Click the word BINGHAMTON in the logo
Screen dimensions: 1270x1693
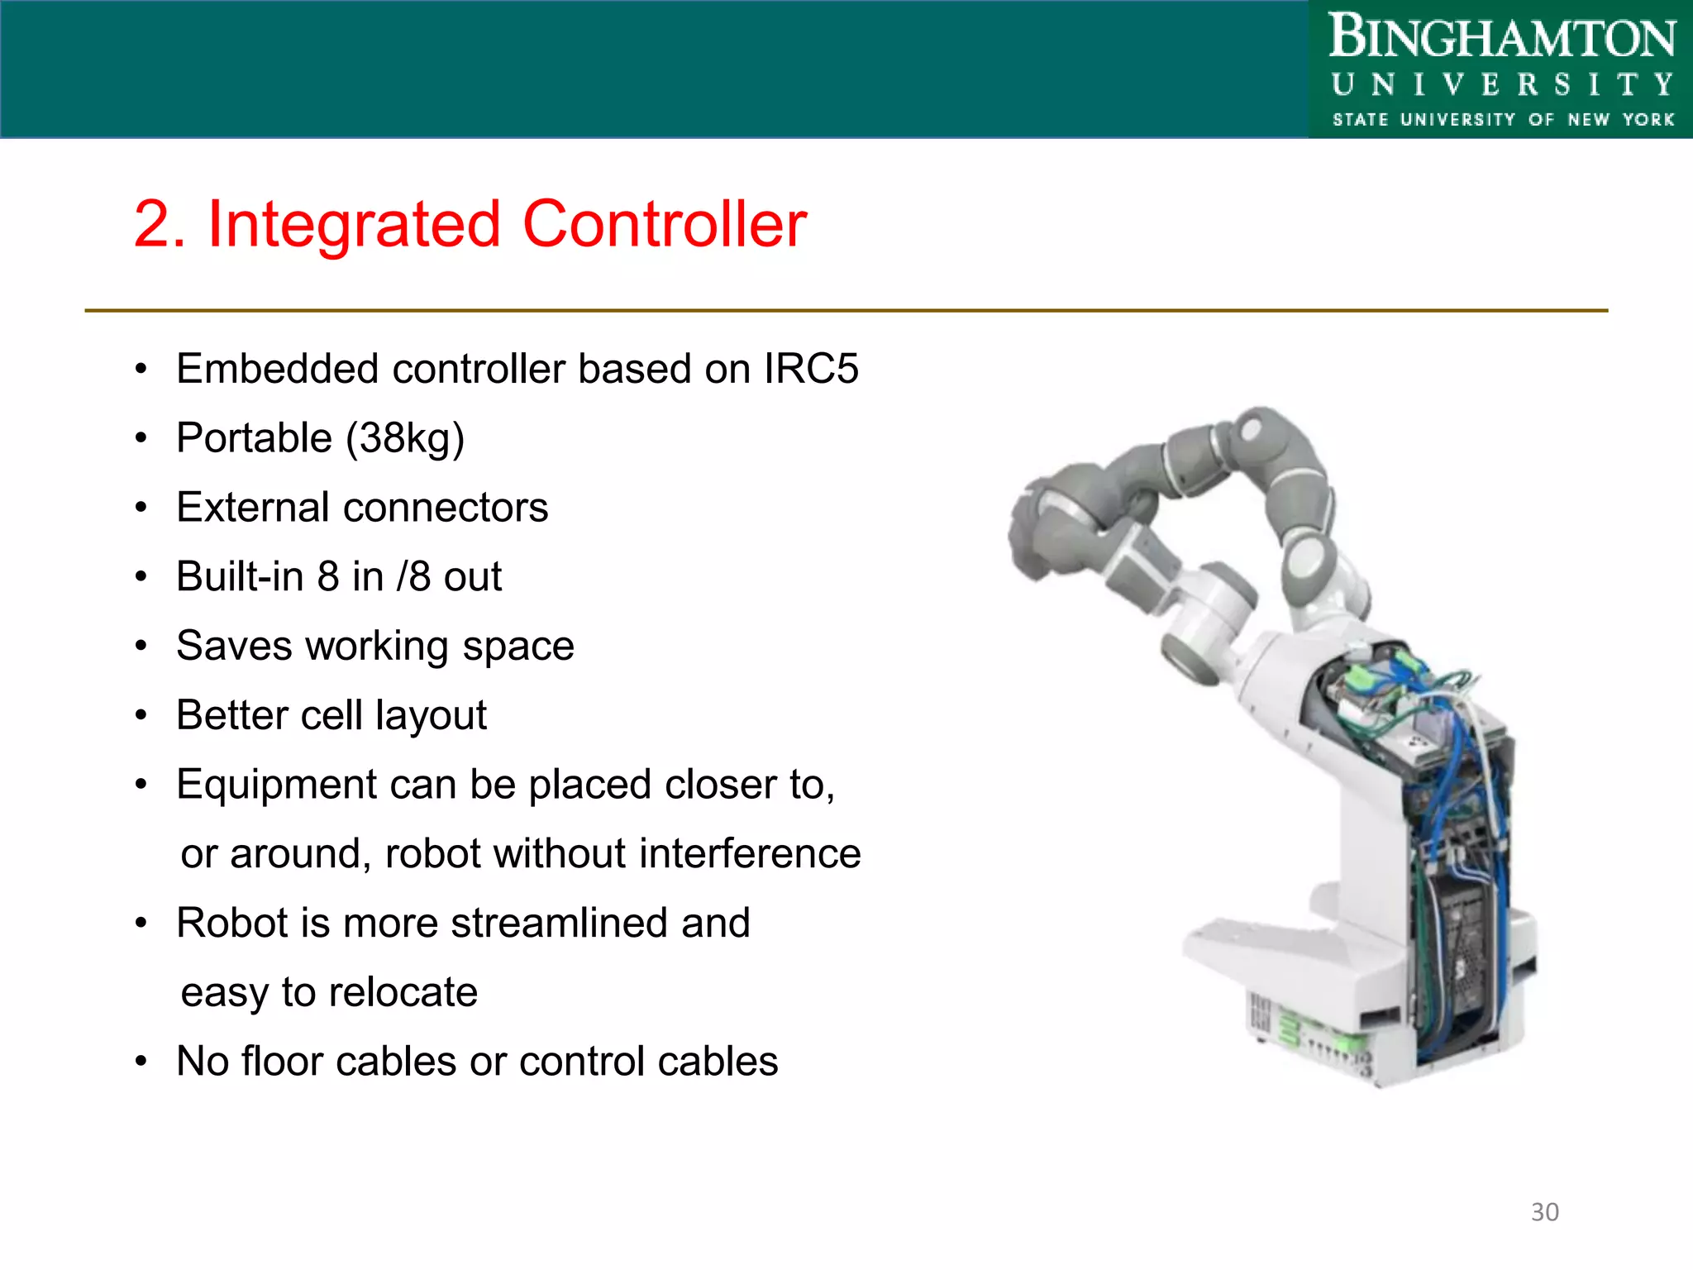(1501, 38)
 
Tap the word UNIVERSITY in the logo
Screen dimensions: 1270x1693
(1501, 84)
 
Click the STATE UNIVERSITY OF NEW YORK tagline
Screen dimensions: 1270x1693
(1501, 120)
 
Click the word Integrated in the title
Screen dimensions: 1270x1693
(354, 225)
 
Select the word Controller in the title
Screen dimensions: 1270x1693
(665, 225)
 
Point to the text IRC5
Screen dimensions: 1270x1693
(811, 369)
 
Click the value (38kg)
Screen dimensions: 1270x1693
(405, 438)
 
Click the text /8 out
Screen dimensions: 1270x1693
(448, 577)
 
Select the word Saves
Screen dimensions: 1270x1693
(234, 646)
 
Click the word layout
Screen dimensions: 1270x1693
(431, 716)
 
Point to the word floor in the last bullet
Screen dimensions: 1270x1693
(282, 1062)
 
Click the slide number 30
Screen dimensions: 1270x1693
(1544, 1212)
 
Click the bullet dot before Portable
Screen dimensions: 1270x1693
(141, 438)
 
